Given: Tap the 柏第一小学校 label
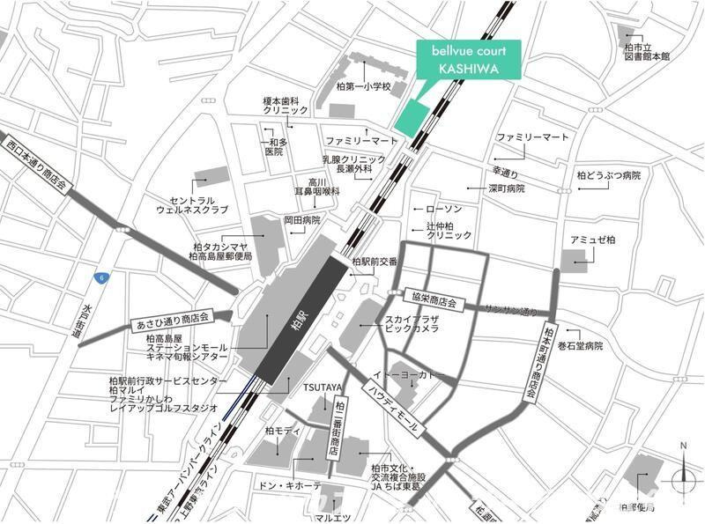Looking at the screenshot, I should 362,87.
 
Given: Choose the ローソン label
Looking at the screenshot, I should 442,210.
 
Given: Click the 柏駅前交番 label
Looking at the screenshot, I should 375,262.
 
